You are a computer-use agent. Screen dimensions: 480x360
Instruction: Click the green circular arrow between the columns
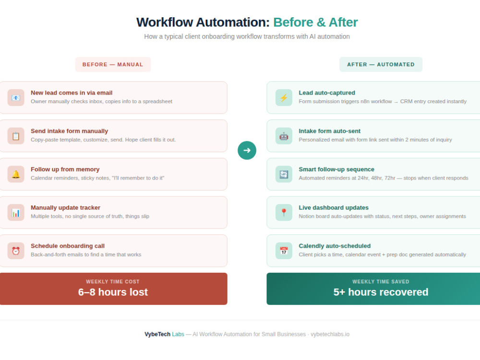[x=247, y=150]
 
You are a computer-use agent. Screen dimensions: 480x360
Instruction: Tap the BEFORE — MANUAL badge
[x=113, y=64]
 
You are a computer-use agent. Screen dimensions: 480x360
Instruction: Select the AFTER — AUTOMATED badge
[x=381, y=64]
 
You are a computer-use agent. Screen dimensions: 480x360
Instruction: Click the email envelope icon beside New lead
[x=16, y=97]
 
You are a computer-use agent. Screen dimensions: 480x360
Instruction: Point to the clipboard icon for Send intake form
[x=16, y=136]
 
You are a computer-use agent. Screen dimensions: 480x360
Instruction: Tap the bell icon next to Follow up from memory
[x=16, y=174]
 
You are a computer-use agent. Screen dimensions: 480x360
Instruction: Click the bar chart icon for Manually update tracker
[x=16, y=213]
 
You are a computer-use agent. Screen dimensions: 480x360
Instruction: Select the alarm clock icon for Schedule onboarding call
[x=16, y=251]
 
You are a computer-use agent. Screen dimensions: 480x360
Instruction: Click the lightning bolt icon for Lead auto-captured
[x=284, y=97]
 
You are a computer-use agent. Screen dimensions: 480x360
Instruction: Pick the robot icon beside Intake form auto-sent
[x=284, y=136]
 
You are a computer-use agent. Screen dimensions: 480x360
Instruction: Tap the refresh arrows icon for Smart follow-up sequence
[x=284, y=174]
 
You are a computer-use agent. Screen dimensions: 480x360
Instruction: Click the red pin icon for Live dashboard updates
[x=284, y=213]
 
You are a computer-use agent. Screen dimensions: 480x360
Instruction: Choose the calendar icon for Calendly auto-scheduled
[x=284, y=251]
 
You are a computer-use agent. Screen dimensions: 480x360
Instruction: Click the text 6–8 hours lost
[x=113, y=292]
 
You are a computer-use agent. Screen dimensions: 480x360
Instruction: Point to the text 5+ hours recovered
[x=381, y=292]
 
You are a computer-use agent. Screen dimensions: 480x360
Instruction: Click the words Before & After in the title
[x=315, y=23]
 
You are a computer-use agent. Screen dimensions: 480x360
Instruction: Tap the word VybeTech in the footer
[x=157, y=334]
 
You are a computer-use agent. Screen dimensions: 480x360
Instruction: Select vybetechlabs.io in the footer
[x=330, y=334]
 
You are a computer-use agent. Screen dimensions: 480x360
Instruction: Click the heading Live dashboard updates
[x=334, y=207]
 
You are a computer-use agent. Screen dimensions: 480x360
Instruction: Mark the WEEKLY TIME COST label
[x=113, y=282]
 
